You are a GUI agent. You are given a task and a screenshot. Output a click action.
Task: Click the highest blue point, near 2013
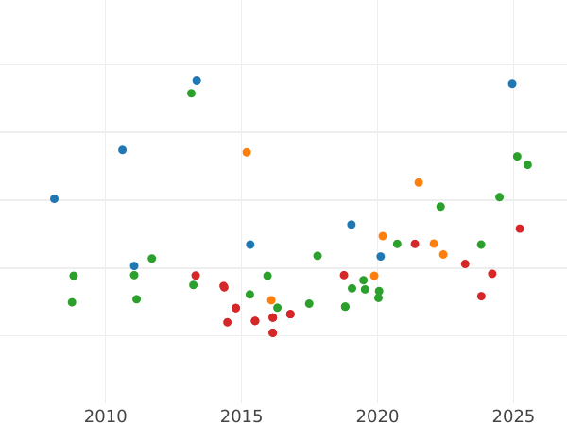pos(197,81)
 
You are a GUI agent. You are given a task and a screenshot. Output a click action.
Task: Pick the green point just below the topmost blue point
pos(191,93)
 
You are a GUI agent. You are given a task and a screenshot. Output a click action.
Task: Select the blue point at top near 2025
pos(512,84)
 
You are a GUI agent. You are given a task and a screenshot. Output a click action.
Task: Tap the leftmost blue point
pos(54,199)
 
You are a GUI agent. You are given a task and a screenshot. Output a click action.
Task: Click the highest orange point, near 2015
pos(247,152)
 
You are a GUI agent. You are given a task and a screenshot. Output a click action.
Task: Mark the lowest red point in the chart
pos(272,332)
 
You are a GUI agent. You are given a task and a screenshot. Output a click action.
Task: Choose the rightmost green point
pos(527,165)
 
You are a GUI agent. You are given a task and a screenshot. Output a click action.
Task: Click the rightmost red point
pos(520,229)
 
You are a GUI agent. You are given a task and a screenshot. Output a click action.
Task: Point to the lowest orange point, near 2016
pos(271,300)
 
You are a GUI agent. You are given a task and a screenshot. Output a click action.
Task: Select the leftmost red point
pos(196,276)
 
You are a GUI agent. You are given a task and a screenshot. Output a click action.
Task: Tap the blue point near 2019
pos(352,225)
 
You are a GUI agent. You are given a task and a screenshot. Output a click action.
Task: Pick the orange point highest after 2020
pos(419,183)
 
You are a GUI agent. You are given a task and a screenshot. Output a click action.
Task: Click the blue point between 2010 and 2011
pos(122,150)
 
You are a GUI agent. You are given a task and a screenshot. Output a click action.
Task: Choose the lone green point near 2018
pos(318,256)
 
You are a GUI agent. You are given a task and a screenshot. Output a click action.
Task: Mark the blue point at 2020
pos(381,257)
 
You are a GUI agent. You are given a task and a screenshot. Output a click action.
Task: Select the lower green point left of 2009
pos(72,302)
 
